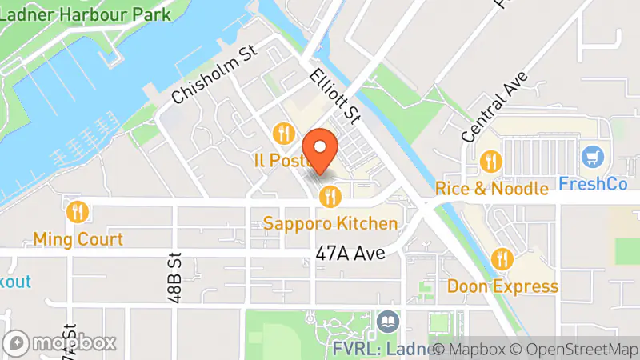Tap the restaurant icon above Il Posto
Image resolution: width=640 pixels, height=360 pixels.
[x=282, y=133]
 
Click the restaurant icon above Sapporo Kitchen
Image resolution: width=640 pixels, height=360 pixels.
[x=330, y=196]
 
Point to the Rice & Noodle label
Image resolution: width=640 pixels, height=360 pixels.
[x=492, y=190]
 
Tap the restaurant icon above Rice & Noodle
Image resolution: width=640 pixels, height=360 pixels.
[x=490, y=162]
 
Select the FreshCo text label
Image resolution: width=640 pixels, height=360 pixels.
[x=592, y=182]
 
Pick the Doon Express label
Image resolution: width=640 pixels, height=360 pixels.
[x=502, y=286]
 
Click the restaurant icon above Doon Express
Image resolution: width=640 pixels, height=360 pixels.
[x=502, y=258]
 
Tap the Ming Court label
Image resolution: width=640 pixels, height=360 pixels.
[x=78, y=239]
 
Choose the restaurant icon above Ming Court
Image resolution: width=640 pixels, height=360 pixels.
[x=78, y=212]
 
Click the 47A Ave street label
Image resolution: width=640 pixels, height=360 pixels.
[x=350, y=254]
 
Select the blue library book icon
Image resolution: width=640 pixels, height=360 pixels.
[x=387, y=322]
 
